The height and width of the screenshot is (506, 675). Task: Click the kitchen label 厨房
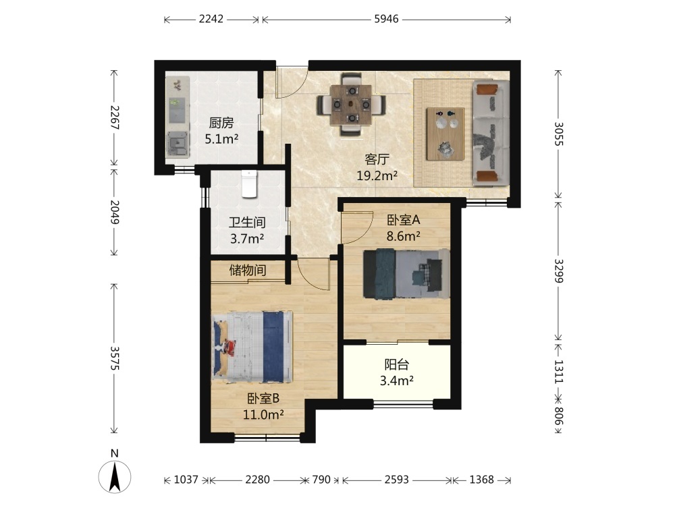tap(221, 123)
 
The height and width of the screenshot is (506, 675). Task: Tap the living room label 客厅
tap(377, 159)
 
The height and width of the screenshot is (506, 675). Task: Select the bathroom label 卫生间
tap(247, 222)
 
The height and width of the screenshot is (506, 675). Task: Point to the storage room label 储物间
tap(248, 271)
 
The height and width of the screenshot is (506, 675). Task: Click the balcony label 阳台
tap(396, 364)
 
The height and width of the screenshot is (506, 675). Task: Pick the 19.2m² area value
tap(377, 175)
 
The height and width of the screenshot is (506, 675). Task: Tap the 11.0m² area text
tap(263, 414)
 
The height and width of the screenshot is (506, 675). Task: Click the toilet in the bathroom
tap(249, 184)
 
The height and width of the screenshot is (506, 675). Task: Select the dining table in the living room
tap(351, 105)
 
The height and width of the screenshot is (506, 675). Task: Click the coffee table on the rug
tap(445, 134)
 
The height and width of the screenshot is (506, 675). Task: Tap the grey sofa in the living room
tap(491, 133)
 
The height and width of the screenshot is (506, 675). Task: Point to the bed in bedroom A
tap(406, 273)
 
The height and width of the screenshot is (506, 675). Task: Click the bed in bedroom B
tap(252, 347)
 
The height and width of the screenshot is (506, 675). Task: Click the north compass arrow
tap(115, 476)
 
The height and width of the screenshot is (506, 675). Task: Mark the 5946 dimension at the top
tap(386, 19)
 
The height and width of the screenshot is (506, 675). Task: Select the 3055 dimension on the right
tap(558, 134)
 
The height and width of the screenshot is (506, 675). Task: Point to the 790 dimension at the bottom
tap(321, 479)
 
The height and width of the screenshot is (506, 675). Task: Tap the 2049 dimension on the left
tap(115, 212)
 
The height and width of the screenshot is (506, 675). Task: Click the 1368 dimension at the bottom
tap(481, 479)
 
